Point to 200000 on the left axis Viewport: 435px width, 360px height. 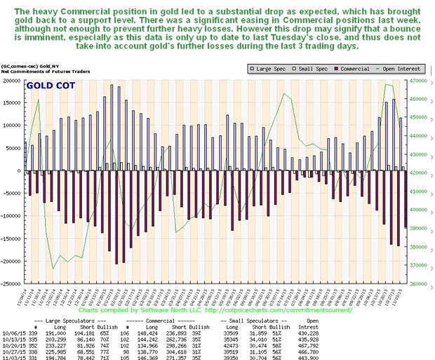point(12,80)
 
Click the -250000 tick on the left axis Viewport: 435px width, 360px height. point(11,284)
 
